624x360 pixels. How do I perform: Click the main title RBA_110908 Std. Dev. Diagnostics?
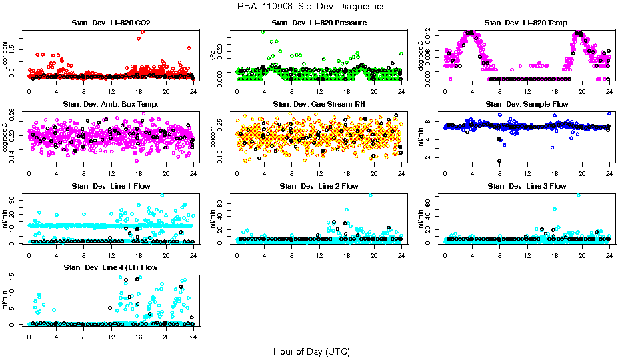[x=311, y=7]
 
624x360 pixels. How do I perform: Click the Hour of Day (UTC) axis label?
[x=311, y=351]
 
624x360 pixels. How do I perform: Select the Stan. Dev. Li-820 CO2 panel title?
[x=111, y=23]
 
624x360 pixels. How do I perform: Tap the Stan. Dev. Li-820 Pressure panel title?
[x=319, y=23]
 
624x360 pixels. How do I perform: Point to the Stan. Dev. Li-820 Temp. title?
[x=527, y=23]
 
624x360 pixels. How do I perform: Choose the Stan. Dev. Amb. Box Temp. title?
[x=111, y=105]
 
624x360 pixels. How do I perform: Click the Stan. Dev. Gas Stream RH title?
[x=319, y=105]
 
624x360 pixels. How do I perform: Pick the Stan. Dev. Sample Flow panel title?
[x=527, y=105]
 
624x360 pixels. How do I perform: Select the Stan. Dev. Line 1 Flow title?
[x=111, y=186]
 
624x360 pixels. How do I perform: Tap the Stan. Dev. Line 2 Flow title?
[x=319, y=186]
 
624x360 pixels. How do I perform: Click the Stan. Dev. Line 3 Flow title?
[x=527, y=186]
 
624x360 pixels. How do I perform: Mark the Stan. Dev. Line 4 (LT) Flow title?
[x=111, y=267]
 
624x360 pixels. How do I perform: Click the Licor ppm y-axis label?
[x=5, y=55]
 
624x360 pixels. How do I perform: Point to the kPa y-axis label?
[x=213, y=55]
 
